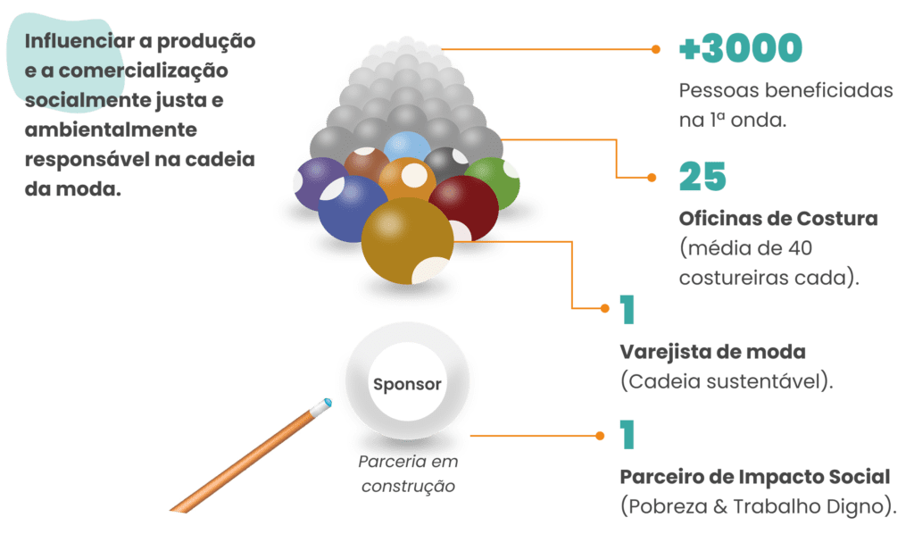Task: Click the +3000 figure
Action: pyautogui.click(x=740, y=49)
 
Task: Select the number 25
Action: pyautogui.click(x=702, y=178)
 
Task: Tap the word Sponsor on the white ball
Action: pyautogui.click(x=407, y=385)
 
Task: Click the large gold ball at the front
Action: pyautogui.click(x=407, y=239)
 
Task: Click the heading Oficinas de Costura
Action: pyautogui.click(x=778, y=218)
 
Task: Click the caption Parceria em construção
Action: pyautogui.click(x=407, y=475)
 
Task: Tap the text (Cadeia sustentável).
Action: pyautogui.click(x=727, y=381)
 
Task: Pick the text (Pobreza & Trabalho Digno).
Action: pyautogui.click(x=758, y=506)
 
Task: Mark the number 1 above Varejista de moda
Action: pyautogui.click(x=627, y=309)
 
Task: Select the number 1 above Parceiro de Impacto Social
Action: pyautogui.click(x=627, y=435)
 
